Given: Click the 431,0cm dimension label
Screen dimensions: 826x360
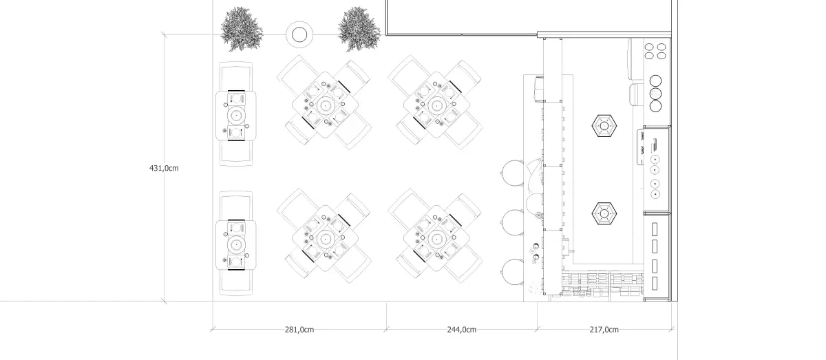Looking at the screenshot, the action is pos(164,168).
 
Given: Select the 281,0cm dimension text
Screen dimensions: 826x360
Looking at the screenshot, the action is pos(299,330).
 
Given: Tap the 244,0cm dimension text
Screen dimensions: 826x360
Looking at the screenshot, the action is pos(462,330).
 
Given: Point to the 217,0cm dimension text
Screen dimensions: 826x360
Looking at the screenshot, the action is pos(604,330).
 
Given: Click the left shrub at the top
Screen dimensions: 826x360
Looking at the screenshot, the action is pos(242,29).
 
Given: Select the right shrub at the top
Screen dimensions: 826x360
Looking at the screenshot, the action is pos(359,29).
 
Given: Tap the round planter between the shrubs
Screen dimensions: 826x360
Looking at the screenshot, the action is pos(299,35).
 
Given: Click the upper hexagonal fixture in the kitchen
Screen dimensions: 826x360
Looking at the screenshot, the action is pos(604,126).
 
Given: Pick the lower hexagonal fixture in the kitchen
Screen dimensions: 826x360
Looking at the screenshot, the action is pos(604,213).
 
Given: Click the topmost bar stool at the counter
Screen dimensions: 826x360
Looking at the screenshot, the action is pos(513,173).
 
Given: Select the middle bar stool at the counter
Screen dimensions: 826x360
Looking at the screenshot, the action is pos(513,223).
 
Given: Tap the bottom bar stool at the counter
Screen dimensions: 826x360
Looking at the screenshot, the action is pos(513,272).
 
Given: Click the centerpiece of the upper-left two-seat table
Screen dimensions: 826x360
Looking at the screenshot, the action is pos(236,116).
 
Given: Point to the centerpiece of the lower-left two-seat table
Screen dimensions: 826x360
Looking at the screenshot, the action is pos(236,244).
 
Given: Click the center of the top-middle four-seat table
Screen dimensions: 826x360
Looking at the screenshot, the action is pos(325,106).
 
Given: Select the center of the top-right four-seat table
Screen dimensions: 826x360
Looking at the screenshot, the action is pos(436,106).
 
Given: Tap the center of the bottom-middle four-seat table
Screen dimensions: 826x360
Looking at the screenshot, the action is pos(325,239).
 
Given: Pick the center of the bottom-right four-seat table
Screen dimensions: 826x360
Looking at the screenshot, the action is pos(436,239).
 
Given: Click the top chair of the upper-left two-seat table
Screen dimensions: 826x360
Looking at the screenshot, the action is pos(236,76).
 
